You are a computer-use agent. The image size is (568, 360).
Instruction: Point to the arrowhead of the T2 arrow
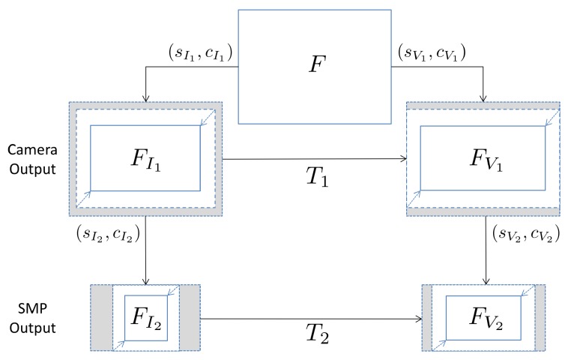418,319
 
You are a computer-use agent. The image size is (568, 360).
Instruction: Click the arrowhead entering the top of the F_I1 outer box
145,98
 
